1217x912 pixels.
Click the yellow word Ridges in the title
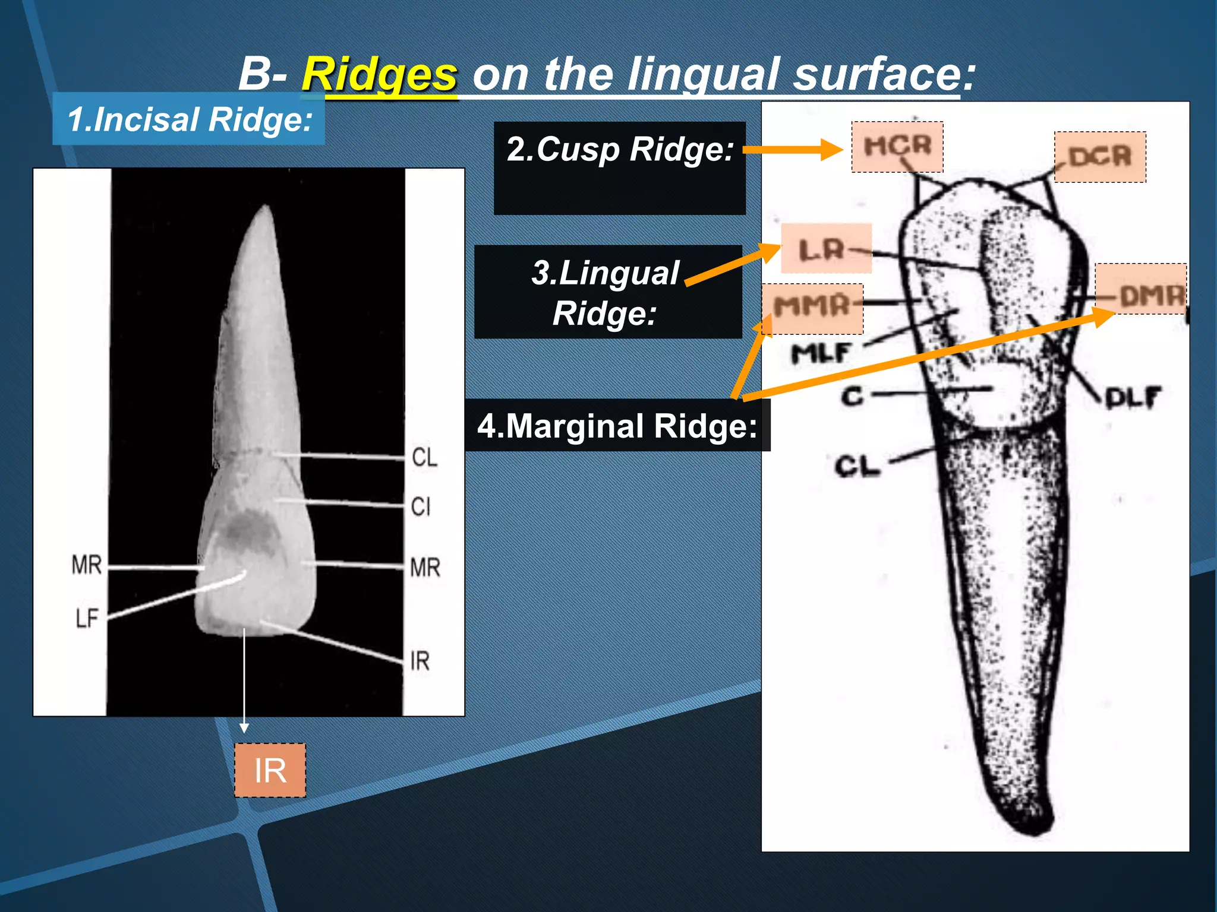tap(379, 75)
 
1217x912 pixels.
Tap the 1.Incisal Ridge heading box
tap(189, 119)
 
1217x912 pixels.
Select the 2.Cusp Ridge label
tap(619, 150)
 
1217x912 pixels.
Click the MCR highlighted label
tap(897, 147)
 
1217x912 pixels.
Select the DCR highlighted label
tap(1099, 157)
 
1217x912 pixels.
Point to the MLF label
tap(821, 353)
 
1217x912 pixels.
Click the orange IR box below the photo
tap(270, 770)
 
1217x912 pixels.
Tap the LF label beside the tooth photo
tap(87, 619)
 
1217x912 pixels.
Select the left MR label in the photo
tap(87, 564)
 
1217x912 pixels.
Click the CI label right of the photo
tap(421, 506)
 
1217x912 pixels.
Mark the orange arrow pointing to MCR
tap(793, 150)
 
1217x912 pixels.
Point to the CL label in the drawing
tap(856, 466)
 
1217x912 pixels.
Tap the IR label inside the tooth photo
tap(420, 660)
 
